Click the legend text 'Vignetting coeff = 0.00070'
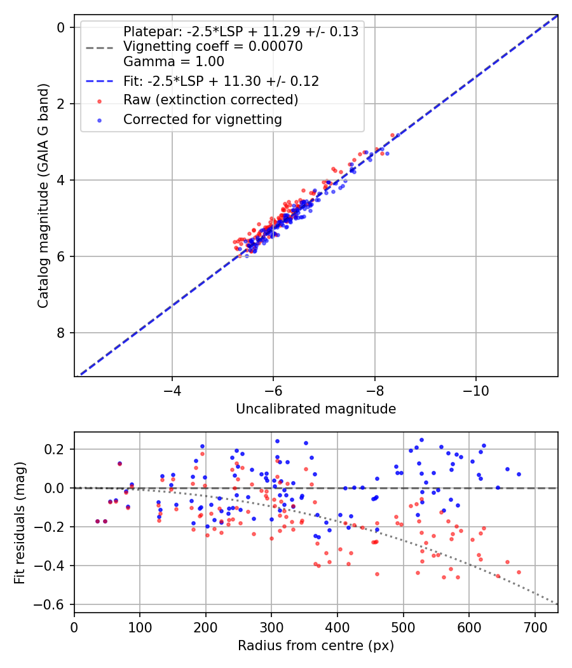coord(213,46)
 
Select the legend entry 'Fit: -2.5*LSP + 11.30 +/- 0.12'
coord(221,81)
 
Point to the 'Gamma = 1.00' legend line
coord(174,62)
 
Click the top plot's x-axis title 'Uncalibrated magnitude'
coord(316,409)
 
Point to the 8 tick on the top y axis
coord(61,333)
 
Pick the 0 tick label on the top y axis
coord(61,27)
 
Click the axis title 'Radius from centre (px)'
coord(316,646)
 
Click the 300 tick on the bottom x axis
coord(271,627)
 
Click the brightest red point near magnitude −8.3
coord(392,136)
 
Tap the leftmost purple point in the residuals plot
coord(97,521)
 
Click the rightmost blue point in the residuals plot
coord(519,474)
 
